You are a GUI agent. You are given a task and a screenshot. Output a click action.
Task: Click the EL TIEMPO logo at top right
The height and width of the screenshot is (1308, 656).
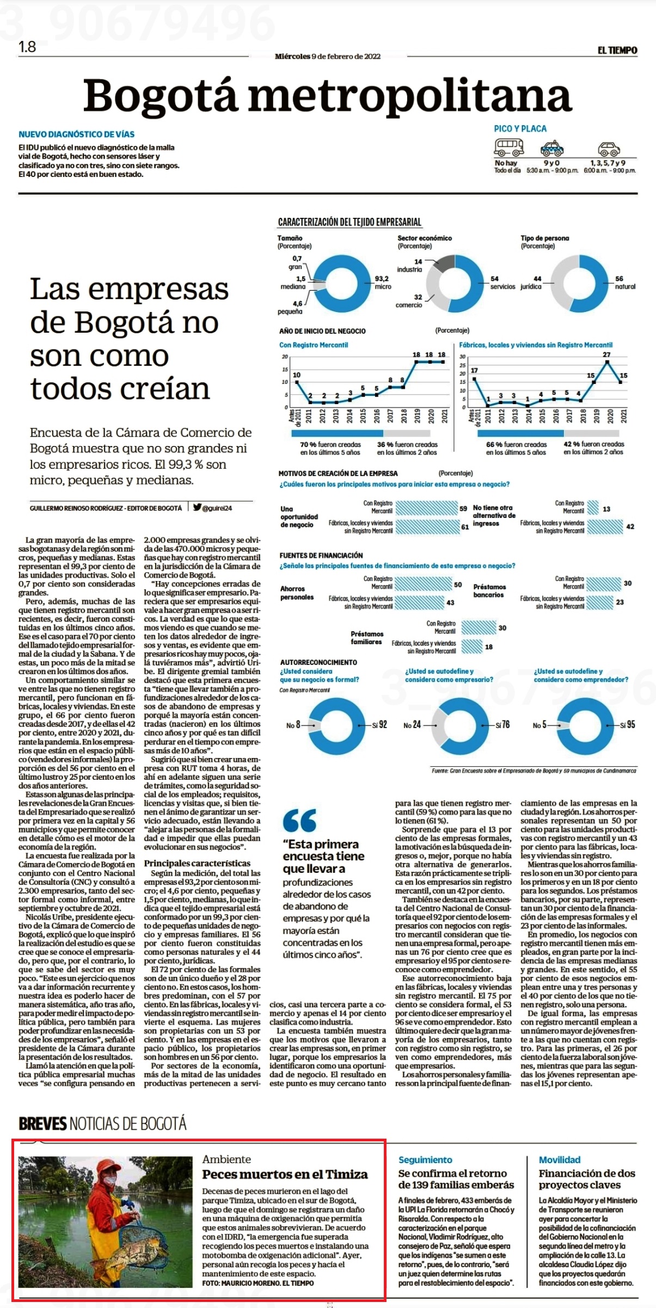pos(617,50)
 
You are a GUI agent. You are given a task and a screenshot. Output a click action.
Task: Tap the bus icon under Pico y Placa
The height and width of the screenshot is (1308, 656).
pos(508,146)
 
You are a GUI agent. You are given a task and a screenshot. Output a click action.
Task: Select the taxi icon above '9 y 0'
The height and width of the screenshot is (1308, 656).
pos(552,148)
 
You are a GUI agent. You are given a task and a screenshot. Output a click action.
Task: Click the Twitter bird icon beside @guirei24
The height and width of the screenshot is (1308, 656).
pos(197,507)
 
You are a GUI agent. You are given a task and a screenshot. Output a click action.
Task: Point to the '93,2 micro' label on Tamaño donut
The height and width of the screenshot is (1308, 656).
pos(382,282)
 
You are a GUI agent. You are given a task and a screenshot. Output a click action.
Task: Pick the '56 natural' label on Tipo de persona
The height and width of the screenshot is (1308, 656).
pos(624,282)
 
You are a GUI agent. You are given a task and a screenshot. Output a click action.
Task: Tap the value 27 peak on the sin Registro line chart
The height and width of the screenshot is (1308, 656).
pos(607,355)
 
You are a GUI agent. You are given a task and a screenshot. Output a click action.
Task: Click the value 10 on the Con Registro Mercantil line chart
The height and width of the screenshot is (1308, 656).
pos(297,375)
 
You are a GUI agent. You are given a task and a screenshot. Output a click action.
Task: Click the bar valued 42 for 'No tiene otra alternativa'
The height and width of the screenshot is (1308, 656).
pos(605,526)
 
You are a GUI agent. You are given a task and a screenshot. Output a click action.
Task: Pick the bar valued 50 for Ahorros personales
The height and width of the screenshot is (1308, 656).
pos(424,584)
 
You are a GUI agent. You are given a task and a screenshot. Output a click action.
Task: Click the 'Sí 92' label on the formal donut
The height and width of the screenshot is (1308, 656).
pos(379,724)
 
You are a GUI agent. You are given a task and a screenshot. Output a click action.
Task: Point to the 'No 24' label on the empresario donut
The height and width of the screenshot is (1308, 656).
pos(412,725)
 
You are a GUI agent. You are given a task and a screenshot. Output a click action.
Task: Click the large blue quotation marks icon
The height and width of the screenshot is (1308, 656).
pos(299,820)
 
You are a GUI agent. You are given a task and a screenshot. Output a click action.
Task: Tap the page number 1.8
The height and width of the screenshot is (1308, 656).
pos(27,47)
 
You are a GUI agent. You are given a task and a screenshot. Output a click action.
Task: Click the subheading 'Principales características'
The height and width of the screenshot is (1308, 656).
pos(197,863)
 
